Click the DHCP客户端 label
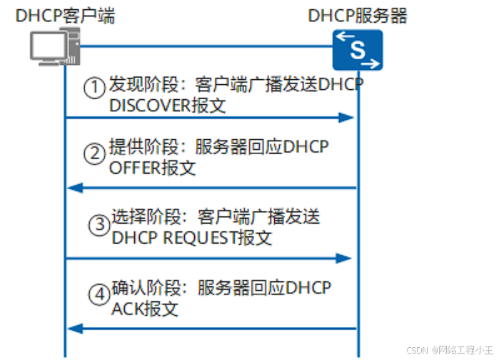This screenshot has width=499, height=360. pos(65,15)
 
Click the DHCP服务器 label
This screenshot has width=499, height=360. pos(358,15)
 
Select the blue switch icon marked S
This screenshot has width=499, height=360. pos(358,49)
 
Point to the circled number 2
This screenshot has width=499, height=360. pos(94,154)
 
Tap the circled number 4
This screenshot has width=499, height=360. pos(100,293)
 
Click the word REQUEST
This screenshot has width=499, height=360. pos(200,239)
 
